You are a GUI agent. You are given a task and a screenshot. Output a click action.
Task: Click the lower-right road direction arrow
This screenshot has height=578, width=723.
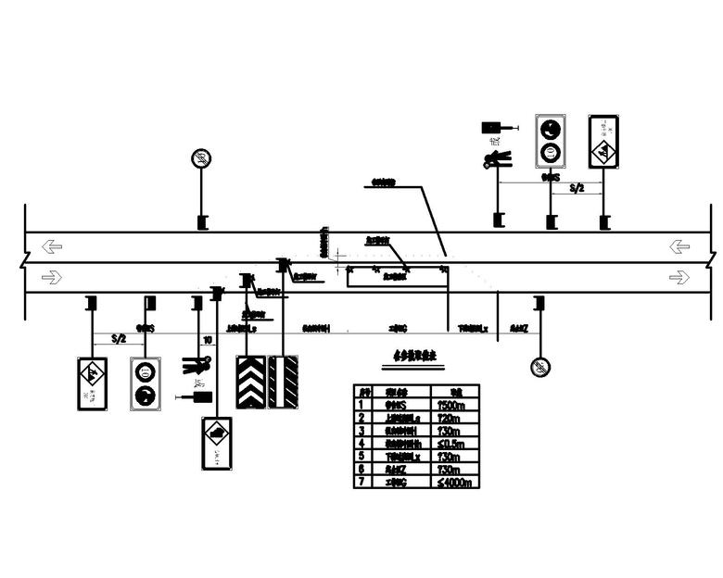679,276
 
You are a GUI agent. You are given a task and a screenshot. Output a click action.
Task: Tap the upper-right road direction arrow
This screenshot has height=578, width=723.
679,246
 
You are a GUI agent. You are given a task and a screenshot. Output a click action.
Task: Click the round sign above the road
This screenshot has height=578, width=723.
201,158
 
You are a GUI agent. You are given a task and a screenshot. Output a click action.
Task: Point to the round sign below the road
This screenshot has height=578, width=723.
540,367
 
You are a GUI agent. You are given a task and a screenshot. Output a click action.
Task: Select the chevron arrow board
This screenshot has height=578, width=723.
251,382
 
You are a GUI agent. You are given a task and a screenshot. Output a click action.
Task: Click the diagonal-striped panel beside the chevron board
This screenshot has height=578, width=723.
283,382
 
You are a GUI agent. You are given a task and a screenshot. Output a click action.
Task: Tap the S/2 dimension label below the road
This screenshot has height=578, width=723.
118,340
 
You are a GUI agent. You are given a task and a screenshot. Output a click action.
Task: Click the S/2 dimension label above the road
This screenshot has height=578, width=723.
577,188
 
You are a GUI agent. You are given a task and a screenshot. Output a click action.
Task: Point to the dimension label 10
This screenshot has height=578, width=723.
207,340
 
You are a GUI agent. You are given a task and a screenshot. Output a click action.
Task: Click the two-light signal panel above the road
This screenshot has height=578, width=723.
552,141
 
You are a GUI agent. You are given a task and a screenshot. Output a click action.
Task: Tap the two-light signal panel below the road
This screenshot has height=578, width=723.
146,383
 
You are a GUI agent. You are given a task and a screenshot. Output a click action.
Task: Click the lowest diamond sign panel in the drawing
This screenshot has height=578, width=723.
217,445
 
